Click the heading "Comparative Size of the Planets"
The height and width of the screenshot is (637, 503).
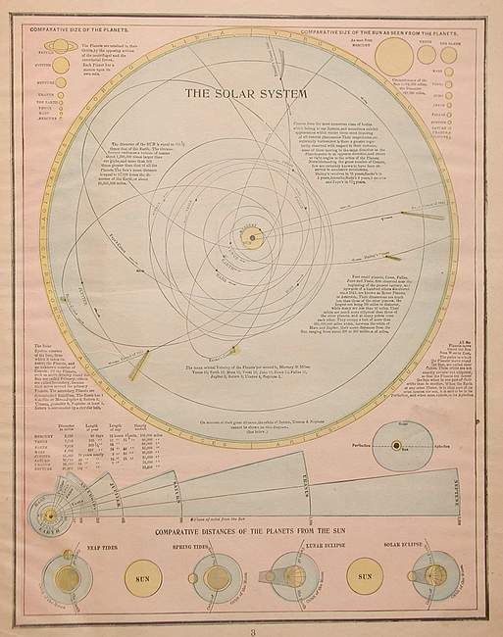coord(75,31)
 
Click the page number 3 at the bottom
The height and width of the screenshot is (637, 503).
coord(250,627)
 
